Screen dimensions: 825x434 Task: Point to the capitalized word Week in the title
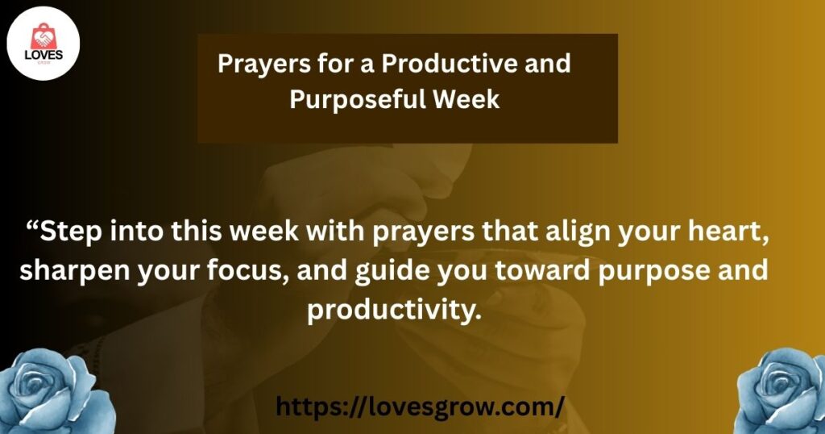[466, 98]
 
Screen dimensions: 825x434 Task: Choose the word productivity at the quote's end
[395, 310]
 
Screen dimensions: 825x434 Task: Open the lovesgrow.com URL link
[420, 407]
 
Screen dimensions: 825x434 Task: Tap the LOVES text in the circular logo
[44, 55]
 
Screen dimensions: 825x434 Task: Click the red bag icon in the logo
[44, 36]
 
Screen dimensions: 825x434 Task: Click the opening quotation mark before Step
[31, 227]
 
